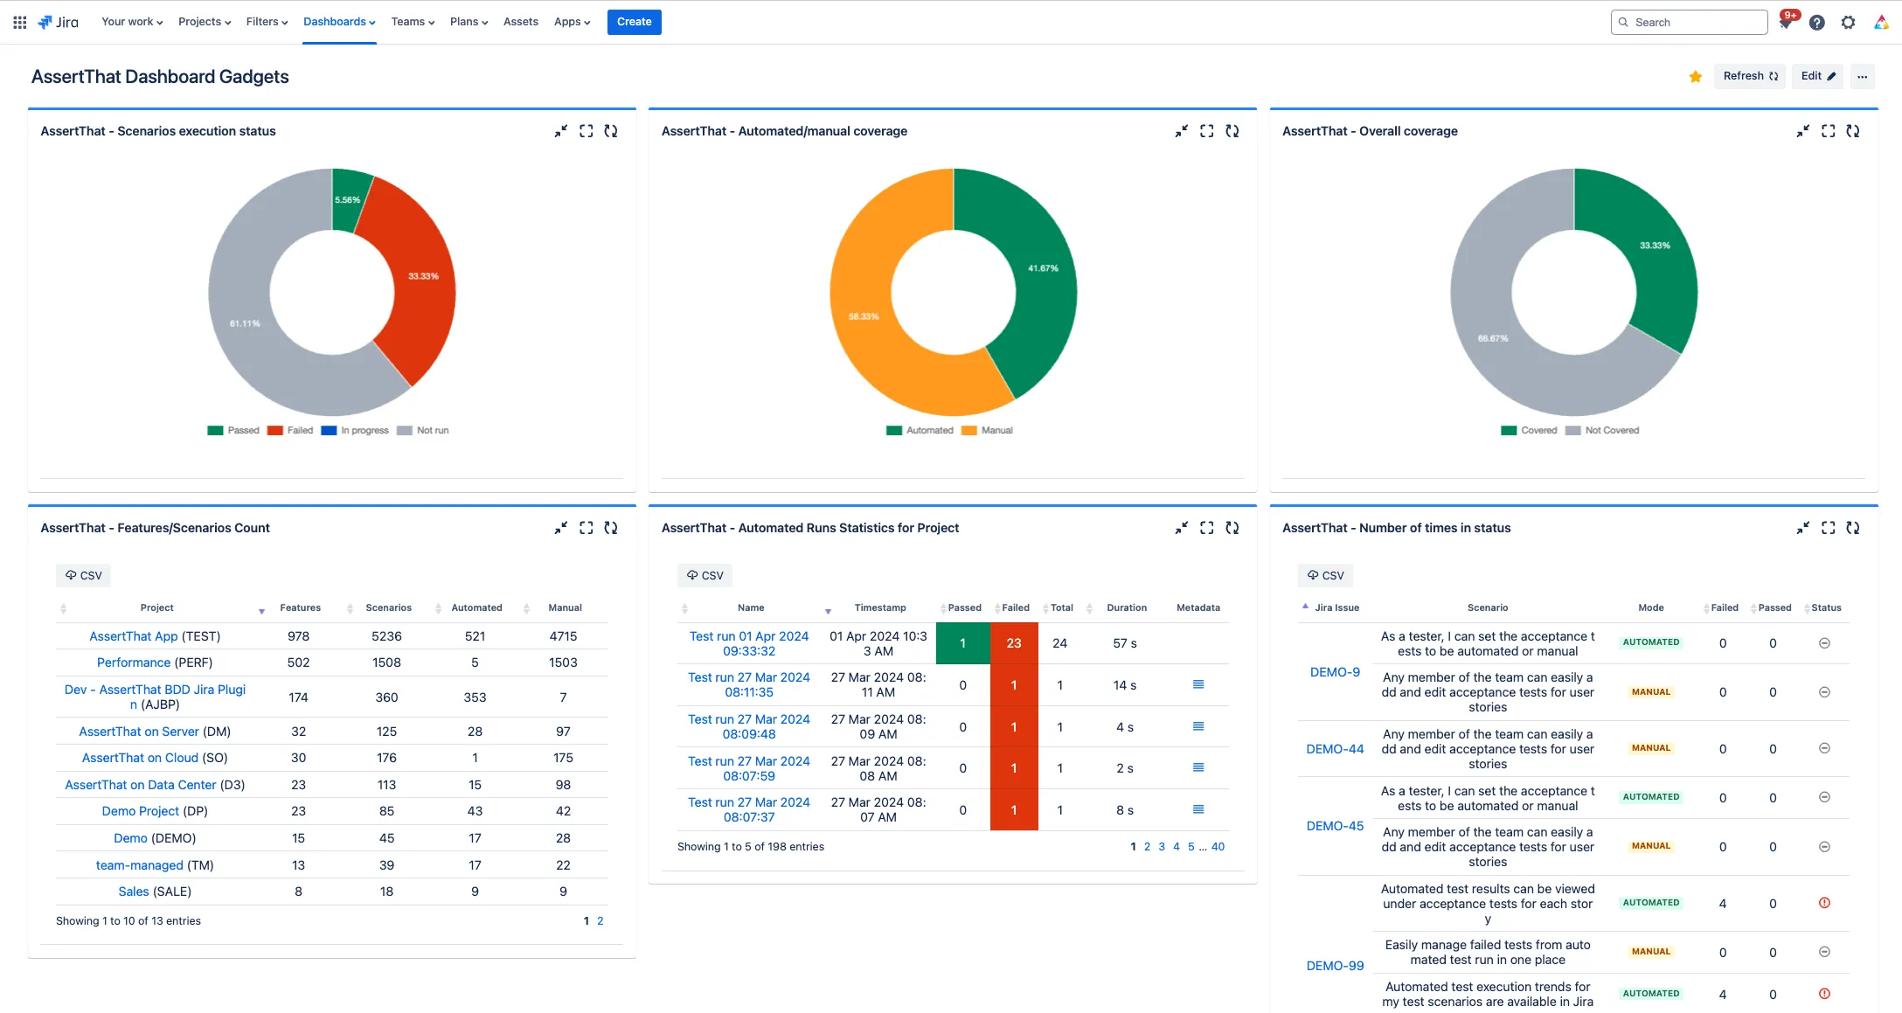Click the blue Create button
pos(634,22)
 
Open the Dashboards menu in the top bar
pos(339,22)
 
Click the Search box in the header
pos(1689,22)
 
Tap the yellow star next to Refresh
pos(1696,77)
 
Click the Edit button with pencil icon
pos(1817,76)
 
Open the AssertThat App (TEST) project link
pos(155,636)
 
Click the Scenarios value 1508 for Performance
pos(386,663)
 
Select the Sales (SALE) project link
pos(155,892)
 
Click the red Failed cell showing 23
pos(1014,643)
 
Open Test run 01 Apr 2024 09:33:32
pos(749,643)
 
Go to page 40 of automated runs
pos(1218,846)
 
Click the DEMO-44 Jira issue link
pos(1335,749)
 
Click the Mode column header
pos(1650,607)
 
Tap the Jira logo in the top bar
pos(59,22)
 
